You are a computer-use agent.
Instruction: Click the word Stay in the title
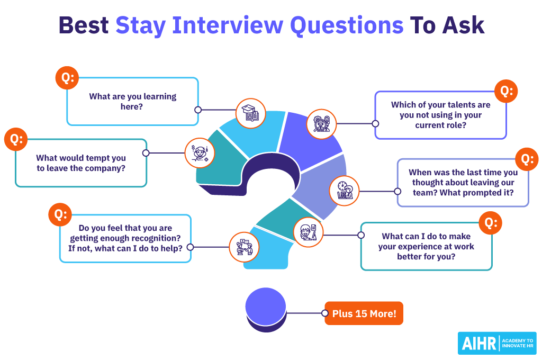[140, 25]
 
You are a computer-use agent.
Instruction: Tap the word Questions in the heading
[347, 25]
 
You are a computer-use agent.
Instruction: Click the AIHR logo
[497, 343]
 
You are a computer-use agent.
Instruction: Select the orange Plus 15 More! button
[364, 313]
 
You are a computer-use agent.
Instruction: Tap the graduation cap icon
[250, 113]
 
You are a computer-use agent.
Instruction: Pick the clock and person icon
[344, 191]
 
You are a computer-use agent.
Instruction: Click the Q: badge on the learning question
[67, 78]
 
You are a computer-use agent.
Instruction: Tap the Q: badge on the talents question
[506, 91]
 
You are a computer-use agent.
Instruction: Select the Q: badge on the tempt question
[16, 139]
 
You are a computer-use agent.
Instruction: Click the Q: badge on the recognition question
[60, 214]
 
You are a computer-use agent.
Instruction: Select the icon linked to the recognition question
[245, 247]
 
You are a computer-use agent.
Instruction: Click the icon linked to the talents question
[321, 124]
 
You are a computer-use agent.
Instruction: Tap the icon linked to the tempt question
[200, 153]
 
